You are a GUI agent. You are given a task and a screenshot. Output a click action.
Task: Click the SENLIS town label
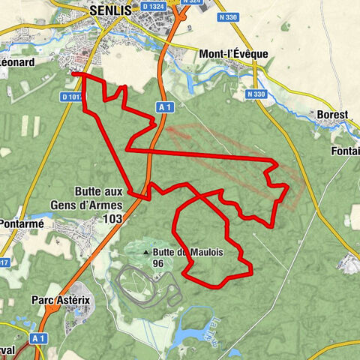[x=111, y=11]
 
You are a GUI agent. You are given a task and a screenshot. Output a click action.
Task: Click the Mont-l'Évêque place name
[x=235, y=54]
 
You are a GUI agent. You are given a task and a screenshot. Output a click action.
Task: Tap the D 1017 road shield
[x=73, y=97]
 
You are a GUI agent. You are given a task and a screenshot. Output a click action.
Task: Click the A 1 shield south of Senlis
[x=166, y=108]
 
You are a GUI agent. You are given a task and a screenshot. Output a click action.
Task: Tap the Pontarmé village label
[x=22, y=223]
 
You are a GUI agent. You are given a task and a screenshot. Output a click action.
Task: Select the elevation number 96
[x=158, y=264]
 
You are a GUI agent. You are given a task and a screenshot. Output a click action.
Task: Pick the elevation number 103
[x=113, y=218]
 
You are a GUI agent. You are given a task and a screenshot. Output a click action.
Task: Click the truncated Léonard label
[x=17, y=64]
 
